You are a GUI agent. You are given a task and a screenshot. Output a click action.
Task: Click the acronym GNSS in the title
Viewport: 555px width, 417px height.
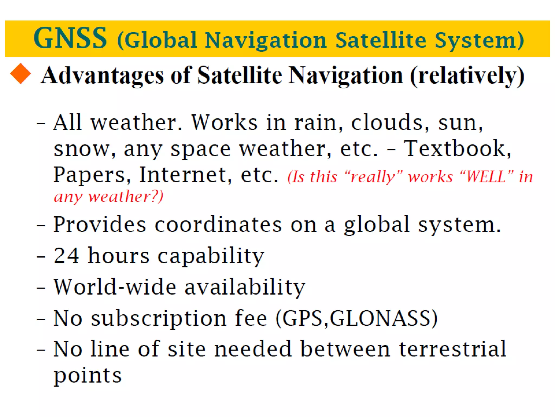pyautogui.click(x=70, y=38)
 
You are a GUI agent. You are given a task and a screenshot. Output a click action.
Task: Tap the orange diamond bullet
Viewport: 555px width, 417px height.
pyautogui.click(x=21, y=74)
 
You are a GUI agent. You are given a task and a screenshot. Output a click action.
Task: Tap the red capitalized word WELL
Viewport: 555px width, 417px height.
pyautogui.click(x=486, y=177)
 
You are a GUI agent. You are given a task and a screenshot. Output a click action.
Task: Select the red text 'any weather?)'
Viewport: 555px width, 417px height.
pyautogui.click(x=109, y=196)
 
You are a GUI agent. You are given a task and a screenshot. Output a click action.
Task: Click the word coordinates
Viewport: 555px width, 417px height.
pyautogui.click(x=218, y=225)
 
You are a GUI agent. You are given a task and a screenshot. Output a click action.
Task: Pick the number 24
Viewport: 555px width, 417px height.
pyautogui.click(x=66, y=255)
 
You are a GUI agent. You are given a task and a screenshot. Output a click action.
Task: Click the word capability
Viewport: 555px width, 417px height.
pyautogui.click(x=211, y=257)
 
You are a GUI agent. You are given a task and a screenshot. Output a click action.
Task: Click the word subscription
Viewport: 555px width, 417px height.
pyautogui.click(x=159, y=318)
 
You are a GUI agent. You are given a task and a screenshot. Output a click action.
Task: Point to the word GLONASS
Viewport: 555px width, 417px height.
pyautogui.click(x=380, y=318)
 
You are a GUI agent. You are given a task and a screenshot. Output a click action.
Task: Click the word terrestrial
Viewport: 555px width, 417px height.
pyautogui.click(x=452, y=349)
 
